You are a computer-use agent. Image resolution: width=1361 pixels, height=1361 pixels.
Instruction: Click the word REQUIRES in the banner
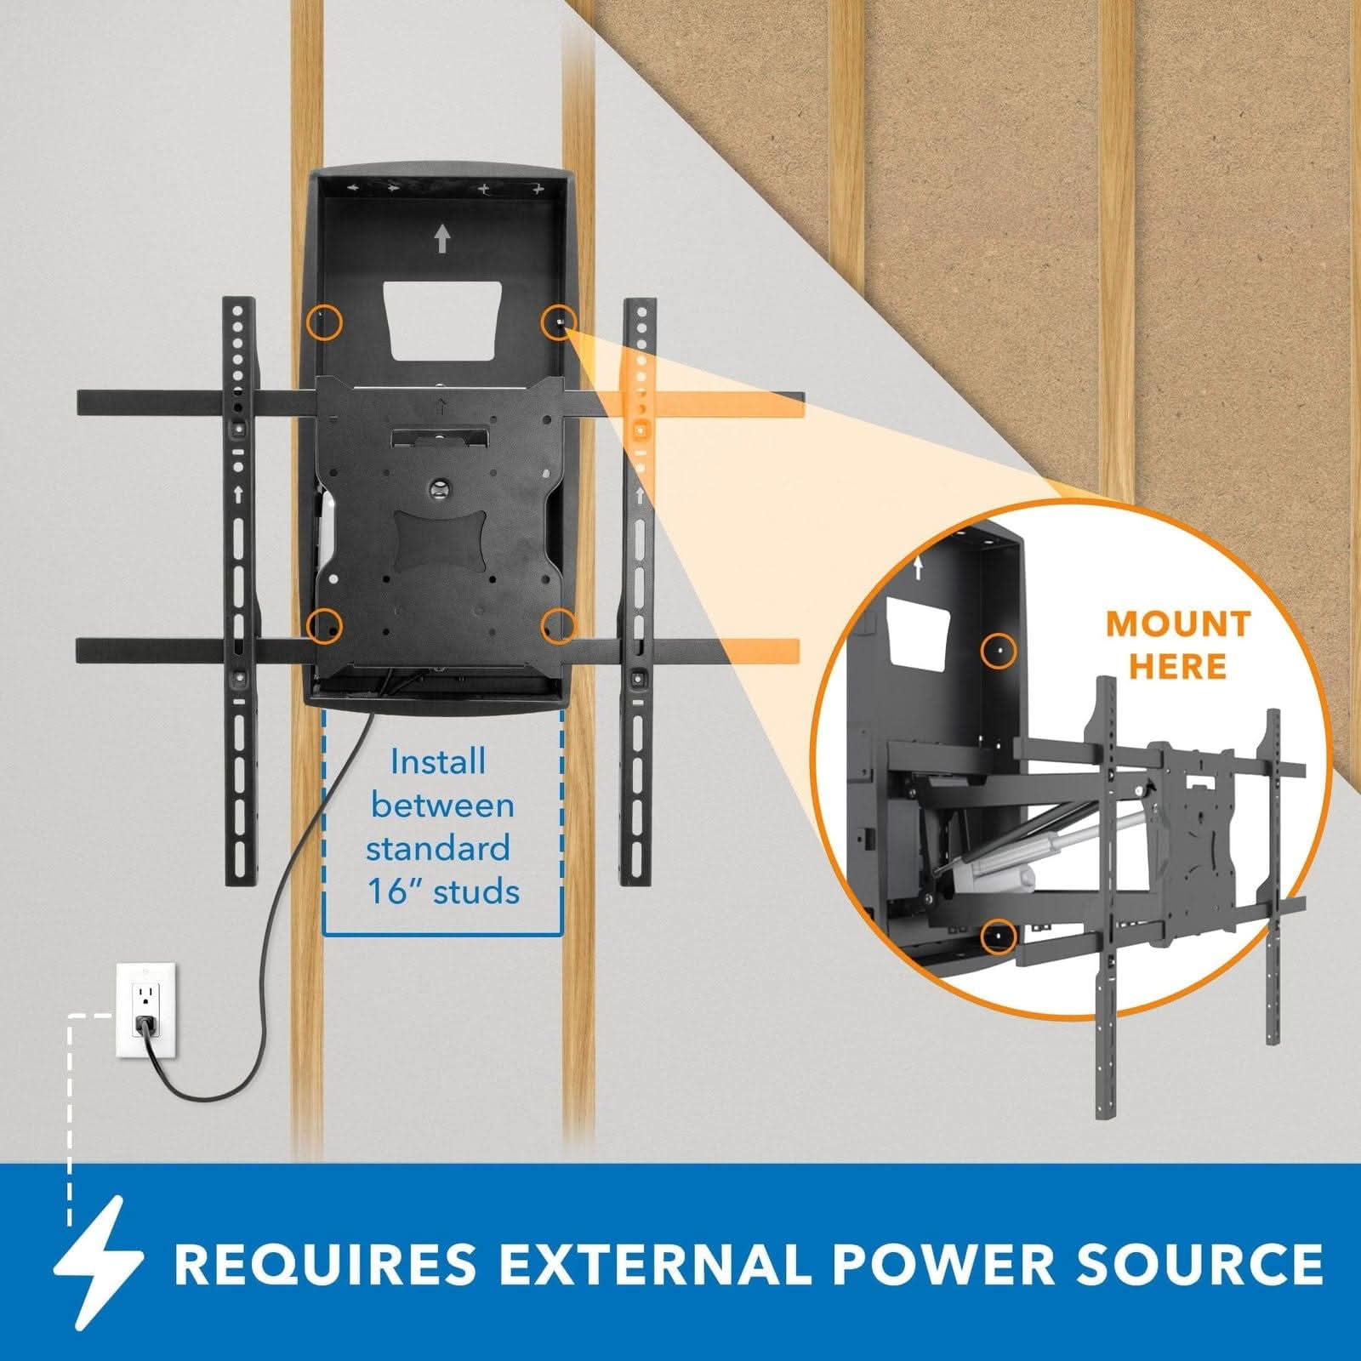pos(325,1264)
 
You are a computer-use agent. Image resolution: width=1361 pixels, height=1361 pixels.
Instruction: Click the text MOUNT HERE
pos(1178,645)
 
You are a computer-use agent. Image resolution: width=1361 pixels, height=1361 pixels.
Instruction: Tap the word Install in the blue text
pos(438,761)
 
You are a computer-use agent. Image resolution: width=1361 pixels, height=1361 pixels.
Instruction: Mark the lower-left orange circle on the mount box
pos(324,625)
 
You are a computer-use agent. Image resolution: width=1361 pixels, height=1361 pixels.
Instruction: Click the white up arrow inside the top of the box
pos(441,239)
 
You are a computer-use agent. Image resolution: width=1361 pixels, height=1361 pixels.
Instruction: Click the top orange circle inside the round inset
pos(999,651)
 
